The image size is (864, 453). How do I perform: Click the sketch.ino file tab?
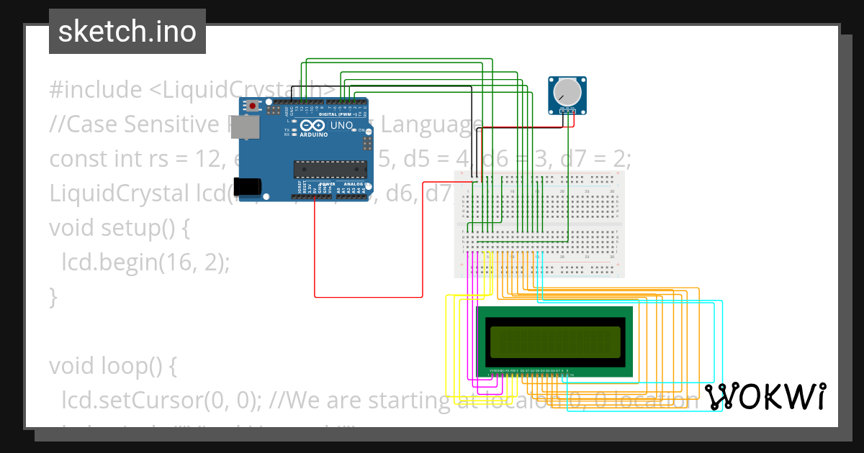pos(127,32)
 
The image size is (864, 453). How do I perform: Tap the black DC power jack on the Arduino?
pos(248,186)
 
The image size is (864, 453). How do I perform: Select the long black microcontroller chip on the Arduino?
pos(330,169)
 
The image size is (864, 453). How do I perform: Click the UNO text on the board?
pos(341,126)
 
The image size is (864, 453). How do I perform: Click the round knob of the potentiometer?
pos(567,91)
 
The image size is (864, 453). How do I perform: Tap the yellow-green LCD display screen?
pos(554,342)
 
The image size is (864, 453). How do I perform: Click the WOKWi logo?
pos(765,396)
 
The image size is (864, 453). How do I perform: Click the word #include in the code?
pos(96,90)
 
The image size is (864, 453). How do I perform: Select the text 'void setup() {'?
pos(119,228)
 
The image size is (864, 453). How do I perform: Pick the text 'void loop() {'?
pos(112,366)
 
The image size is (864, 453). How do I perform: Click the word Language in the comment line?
pos(431,124)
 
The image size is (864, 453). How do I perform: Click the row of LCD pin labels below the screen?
pos(531,371)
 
